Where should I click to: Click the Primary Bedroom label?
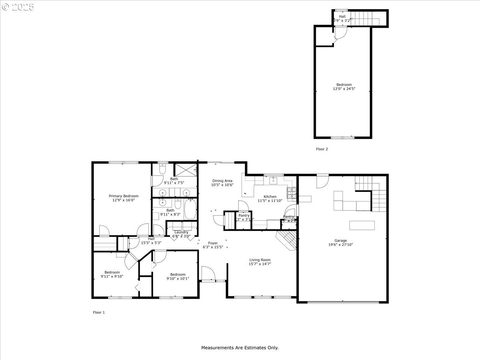pyautogui.click(x=124, y=196)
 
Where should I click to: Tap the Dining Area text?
pyautogui.click(x=222, y=181)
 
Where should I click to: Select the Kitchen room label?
pyautogui.click(x=270, y=196)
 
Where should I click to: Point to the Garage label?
pyautogui.click(x=341, y=240)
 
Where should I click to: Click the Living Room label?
pyautogui.click(x=260, y=260)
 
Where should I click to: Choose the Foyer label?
pyautogui.click(x=213, y=243)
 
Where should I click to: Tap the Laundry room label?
pyautogui.click(x=181, y=232)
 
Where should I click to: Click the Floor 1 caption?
pyautogui.click(x=99, y=312)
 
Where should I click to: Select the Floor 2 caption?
pyautogui.click(x=322, y=149)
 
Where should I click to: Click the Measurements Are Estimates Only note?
pyautogui.click(x=240, y=348)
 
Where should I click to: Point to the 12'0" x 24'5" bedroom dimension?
pyautogui.click(x=344, y=89)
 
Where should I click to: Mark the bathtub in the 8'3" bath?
pyautogui.click(x=190, y=209)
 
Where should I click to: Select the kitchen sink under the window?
pyautogui.click(x=274, y=180)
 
